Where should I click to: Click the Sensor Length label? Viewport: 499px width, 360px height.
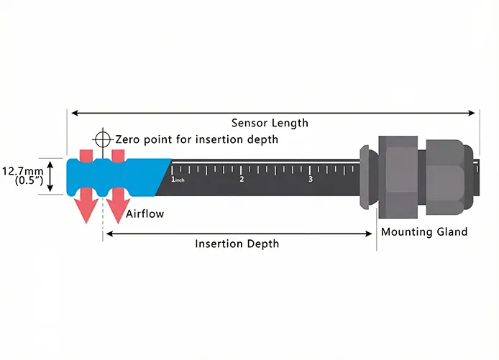(270, 123)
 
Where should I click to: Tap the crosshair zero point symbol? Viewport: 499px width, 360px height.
(103, 138)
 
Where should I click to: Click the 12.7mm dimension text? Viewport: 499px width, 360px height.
(20, 172)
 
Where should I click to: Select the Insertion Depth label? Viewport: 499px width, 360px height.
(237, 244)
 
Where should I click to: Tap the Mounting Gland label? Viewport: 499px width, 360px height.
(424, 232)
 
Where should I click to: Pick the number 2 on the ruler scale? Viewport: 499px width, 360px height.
(242, 179)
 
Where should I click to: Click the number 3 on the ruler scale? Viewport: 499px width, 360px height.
(311, 179)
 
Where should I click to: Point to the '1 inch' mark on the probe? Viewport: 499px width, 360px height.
(176, 179)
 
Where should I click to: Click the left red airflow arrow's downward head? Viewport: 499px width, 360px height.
(86, 211)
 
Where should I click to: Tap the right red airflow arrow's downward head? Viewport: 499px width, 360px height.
(117, 211)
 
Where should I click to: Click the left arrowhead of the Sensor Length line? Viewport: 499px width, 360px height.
(72, 112)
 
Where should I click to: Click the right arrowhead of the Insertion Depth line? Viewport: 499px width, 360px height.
(370, 234)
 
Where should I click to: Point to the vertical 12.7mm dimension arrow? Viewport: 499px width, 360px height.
(50, 177)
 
